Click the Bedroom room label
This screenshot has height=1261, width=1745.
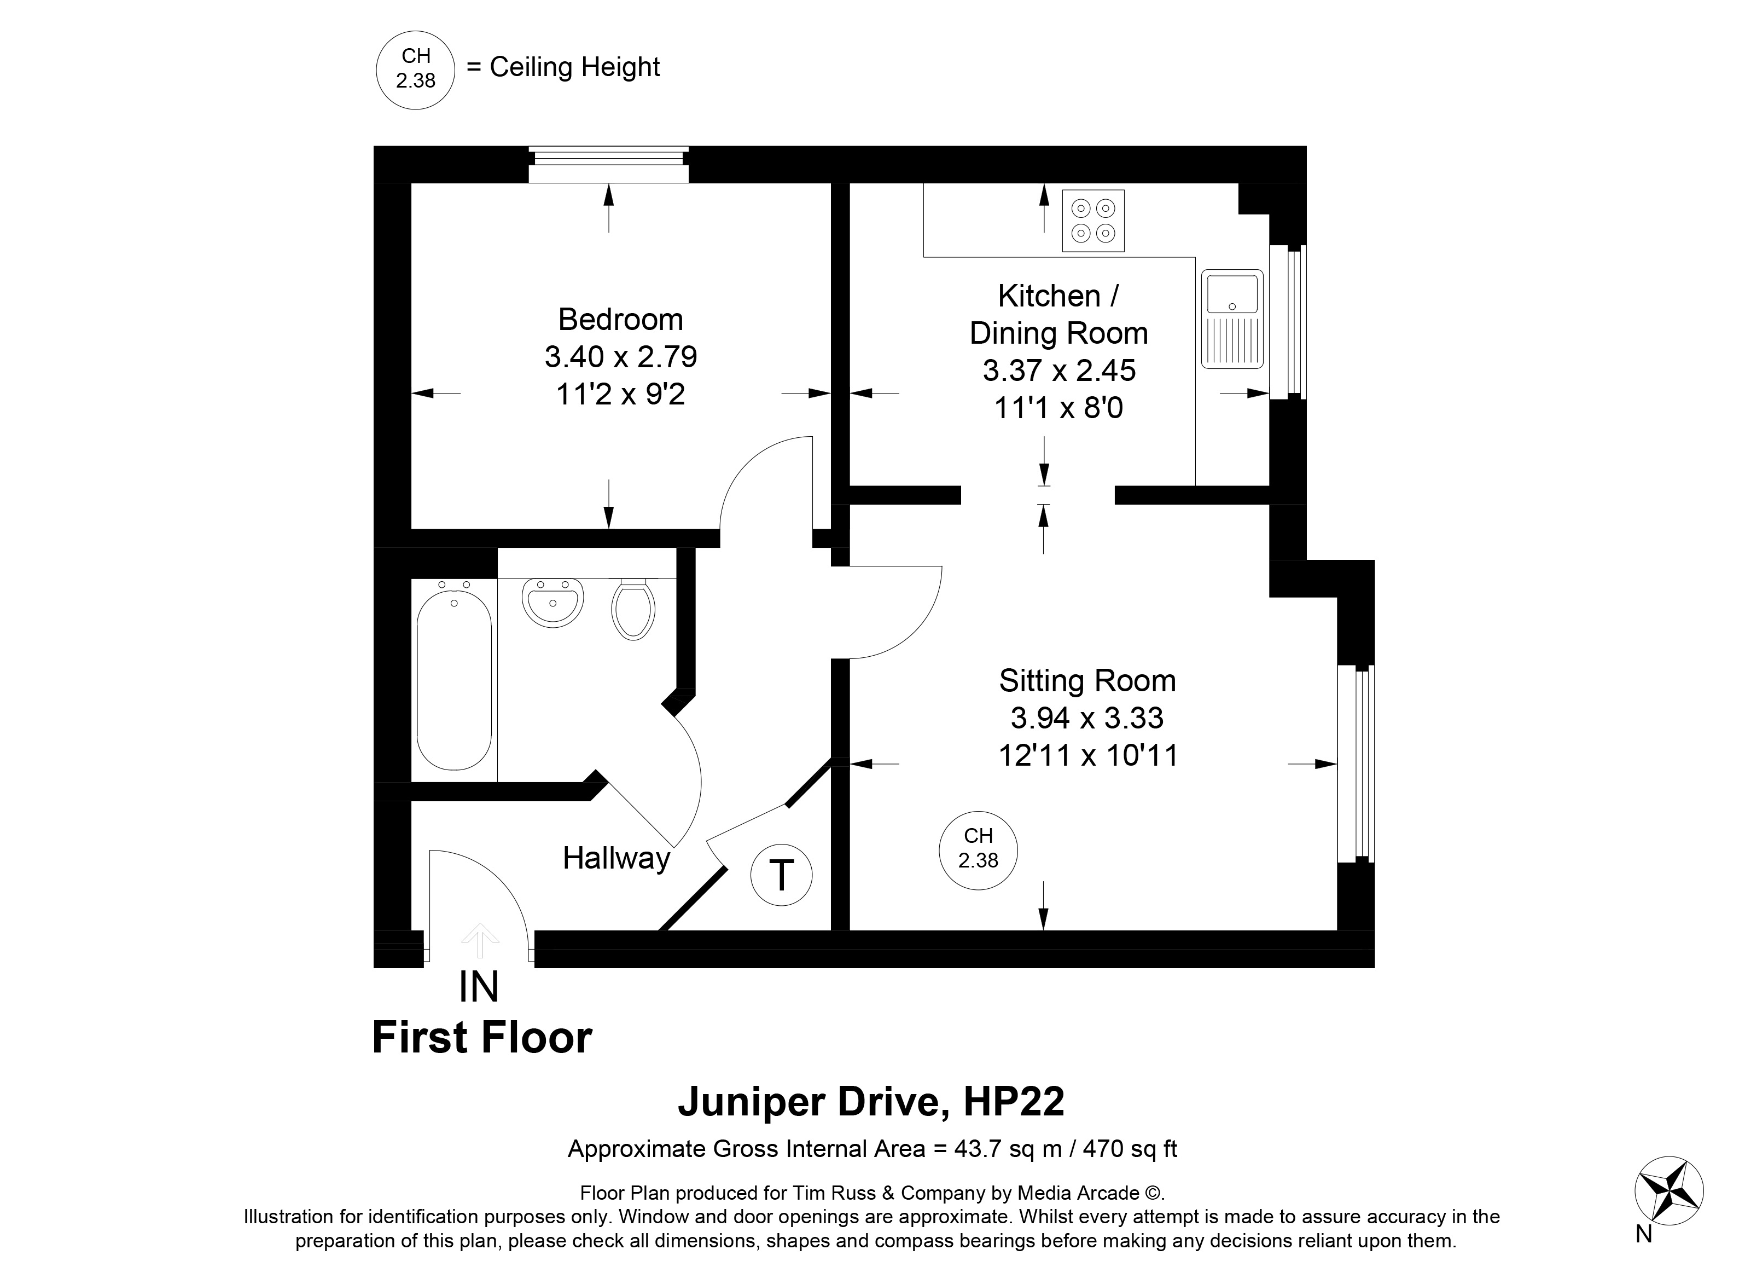620,319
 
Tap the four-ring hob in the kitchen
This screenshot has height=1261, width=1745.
1092,221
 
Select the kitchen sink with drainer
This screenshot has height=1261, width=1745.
1232,318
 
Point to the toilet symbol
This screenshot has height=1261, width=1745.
633,609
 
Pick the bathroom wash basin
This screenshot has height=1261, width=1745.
552,602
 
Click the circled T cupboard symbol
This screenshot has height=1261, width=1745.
781,875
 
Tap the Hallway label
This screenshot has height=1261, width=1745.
616,858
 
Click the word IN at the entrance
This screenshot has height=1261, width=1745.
479,987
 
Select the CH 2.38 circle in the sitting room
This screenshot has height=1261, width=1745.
978,851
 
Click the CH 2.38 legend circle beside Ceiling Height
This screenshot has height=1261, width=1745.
416,70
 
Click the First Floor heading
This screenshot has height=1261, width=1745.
481,1038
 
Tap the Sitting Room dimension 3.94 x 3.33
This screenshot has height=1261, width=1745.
1086,718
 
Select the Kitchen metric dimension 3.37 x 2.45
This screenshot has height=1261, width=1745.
1058,371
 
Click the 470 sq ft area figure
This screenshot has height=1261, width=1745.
1130,1149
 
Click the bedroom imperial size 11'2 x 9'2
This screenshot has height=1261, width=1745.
620,394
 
